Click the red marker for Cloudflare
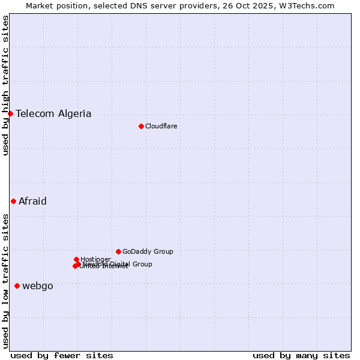click(141, 126)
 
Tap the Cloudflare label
click(161, 126)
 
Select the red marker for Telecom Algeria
click(10, 113)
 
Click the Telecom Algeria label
click(53, 113)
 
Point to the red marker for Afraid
click(13, 201)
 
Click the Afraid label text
click(32, 201)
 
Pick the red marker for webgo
click(17, 286)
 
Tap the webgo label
click(37, 286)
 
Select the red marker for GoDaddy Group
click(118, 251)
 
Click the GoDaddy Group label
click(148, 251)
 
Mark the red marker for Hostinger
click(76, 259)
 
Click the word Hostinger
click(95, 259)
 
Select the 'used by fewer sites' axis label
click(62, 355)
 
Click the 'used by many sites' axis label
click(301, 355)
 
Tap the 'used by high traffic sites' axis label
click(5, 85)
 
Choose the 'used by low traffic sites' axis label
click(5, 280)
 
